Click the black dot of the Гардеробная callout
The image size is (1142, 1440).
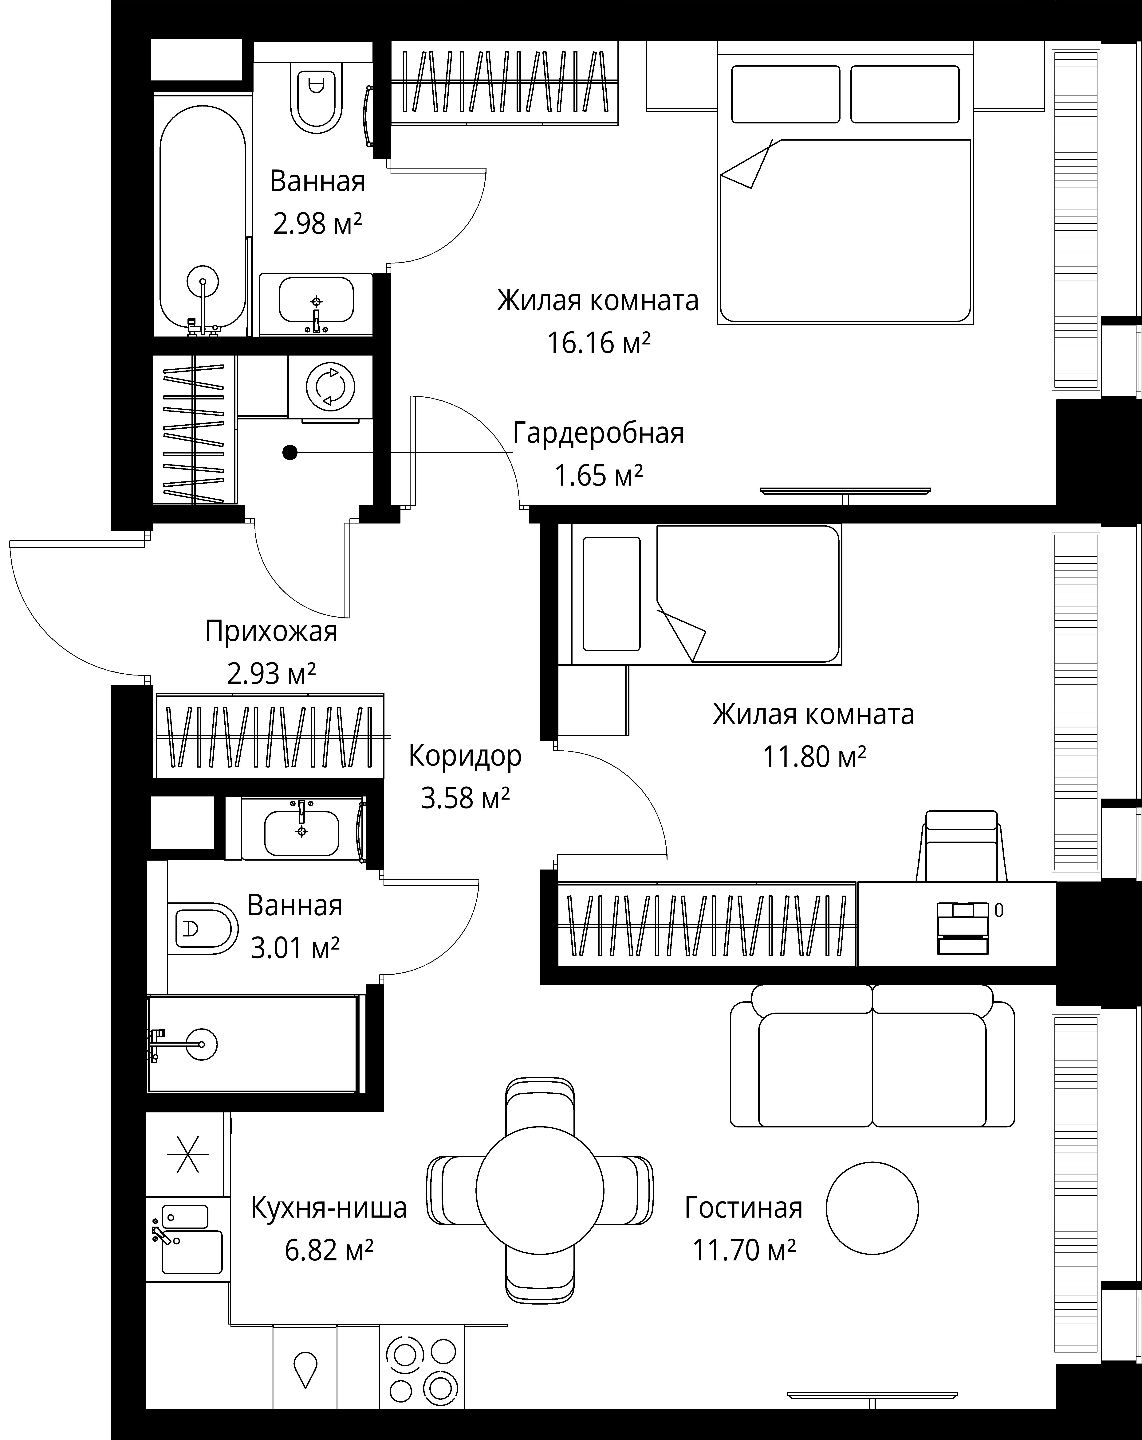[x=289, y=453]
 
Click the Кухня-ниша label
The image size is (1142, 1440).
[x=329, y=1208]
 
